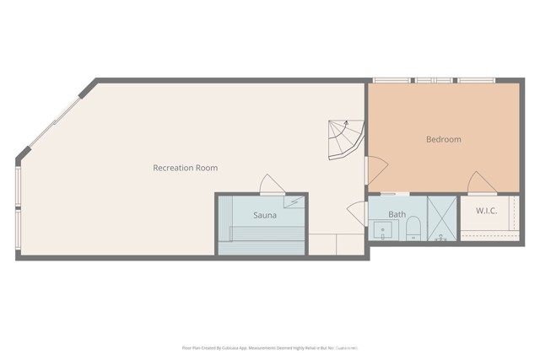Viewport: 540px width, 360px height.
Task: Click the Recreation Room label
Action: pyautogui.click(x=185, y=168)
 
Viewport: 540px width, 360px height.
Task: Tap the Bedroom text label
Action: pyautogui.click(x=443, y=139)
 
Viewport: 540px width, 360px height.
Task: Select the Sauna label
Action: pyautogui.click(x=265, y=215)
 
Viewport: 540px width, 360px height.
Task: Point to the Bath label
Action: pyautogui.click(x=397, y=214)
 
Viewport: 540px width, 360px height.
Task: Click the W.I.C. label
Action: pyautogui.click(x=485, y=211)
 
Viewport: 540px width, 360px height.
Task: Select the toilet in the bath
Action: pyautogui.click(x=413, y=228)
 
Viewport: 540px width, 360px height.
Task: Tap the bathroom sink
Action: pyautogui.click(x=381, y=230)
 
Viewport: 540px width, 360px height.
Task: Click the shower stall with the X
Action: pyautogui.click(x=441, y=219)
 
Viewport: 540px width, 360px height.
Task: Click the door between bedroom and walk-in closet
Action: pyautogui.click(x=483, y=183)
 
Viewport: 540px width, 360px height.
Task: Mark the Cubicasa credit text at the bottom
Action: pyautogui.click(x=270, y=347)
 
